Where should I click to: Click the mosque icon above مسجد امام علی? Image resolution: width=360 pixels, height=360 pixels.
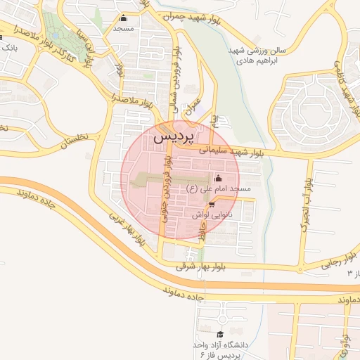coord(217,178)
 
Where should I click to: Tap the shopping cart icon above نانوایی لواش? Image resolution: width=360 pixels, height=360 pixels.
coord(212,205)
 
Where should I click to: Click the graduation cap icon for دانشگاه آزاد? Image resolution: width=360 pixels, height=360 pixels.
coord(220,335)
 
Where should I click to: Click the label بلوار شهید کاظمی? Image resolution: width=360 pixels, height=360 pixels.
coord(344,77)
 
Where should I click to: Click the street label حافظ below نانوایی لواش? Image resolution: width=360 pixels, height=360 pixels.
coord(201,236)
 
